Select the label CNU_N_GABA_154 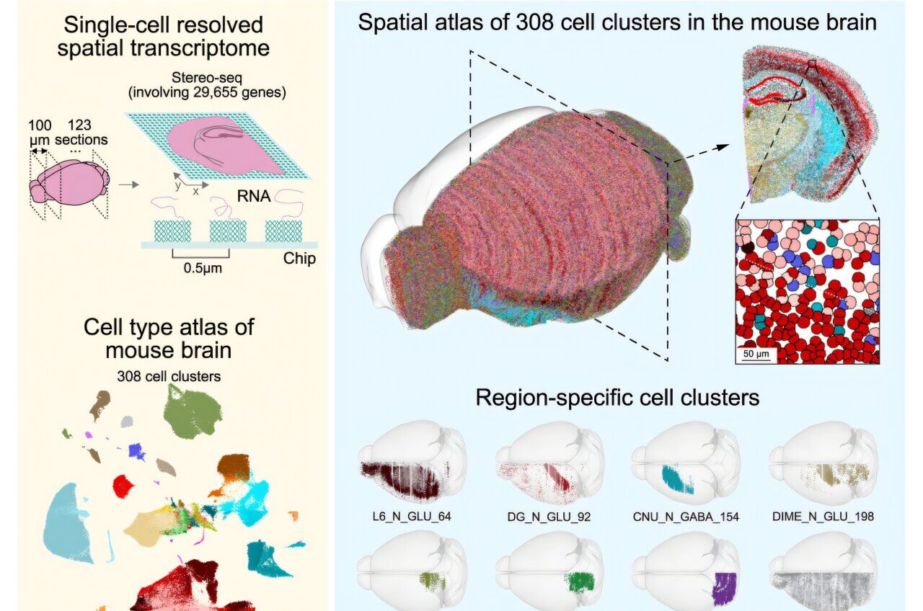pos(685,516)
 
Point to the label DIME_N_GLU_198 pos(823,516)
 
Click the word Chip pos(300,259)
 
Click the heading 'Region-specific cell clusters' pos(617,397)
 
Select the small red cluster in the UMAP pos(124,486)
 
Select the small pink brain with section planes pos(66,184)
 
